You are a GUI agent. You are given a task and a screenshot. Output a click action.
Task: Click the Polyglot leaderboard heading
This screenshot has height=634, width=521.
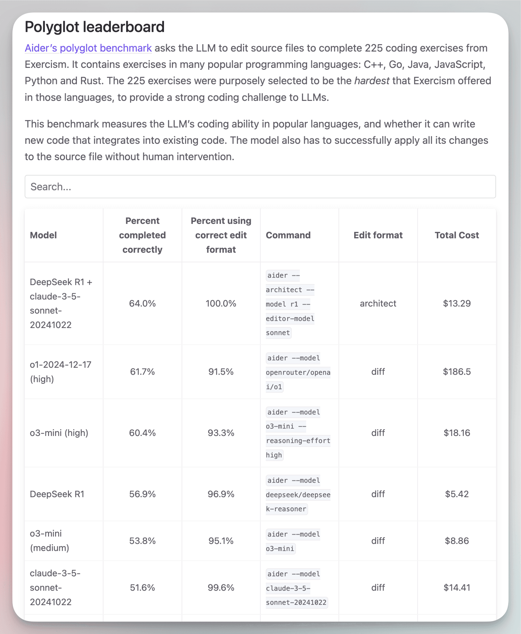click(94, 27)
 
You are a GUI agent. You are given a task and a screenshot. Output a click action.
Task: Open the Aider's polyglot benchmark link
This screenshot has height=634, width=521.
click(88, 48)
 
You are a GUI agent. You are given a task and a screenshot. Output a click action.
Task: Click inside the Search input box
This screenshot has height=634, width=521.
click(260, 186)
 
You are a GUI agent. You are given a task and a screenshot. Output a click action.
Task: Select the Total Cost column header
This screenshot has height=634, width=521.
click(457, 235)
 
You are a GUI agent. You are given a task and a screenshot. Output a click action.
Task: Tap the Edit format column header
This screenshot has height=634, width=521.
click(378, 235)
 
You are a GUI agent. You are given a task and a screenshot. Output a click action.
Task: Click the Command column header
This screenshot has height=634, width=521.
click(288, 235)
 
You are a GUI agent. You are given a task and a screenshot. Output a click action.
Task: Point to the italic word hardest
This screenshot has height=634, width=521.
click(372, 81)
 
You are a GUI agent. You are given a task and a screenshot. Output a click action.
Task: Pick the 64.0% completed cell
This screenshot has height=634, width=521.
click(142, 303)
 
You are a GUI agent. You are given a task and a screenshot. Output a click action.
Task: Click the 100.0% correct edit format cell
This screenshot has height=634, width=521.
click(221, 303)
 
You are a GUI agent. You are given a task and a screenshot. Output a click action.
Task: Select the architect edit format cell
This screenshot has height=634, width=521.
click(378, 303)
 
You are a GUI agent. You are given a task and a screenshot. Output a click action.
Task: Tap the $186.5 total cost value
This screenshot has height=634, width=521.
click(457, 372)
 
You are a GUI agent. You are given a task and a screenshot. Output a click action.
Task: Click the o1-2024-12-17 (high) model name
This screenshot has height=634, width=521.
click(61, 372)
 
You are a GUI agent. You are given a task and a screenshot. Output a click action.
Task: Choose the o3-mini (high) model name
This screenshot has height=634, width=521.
click(59, 433)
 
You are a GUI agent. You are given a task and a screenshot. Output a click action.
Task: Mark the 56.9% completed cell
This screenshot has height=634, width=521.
click(142, 494)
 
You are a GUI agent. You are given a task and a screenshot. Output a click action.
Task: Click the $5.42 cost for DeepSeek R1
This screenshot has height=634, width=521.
click(457, 494)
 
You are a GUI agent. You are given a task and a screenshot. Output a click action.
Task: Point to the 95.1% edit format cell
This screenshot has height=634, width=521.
click(221, 541)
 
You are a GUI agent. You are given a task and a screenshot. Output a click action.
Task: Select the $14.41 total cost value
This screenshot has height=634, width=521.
click(457, 588)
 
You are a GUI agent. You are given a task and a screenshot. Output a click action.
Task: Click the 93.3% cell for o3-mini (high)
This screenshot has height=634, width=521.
click(221, 433)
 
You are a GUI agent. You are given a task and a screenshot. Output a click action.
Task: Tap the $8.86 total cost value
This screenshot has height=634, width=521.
click(457, 541)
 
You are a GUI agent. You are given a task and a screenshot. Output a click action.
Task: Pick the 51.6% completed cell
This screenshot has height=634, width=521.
click(142, 588)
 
